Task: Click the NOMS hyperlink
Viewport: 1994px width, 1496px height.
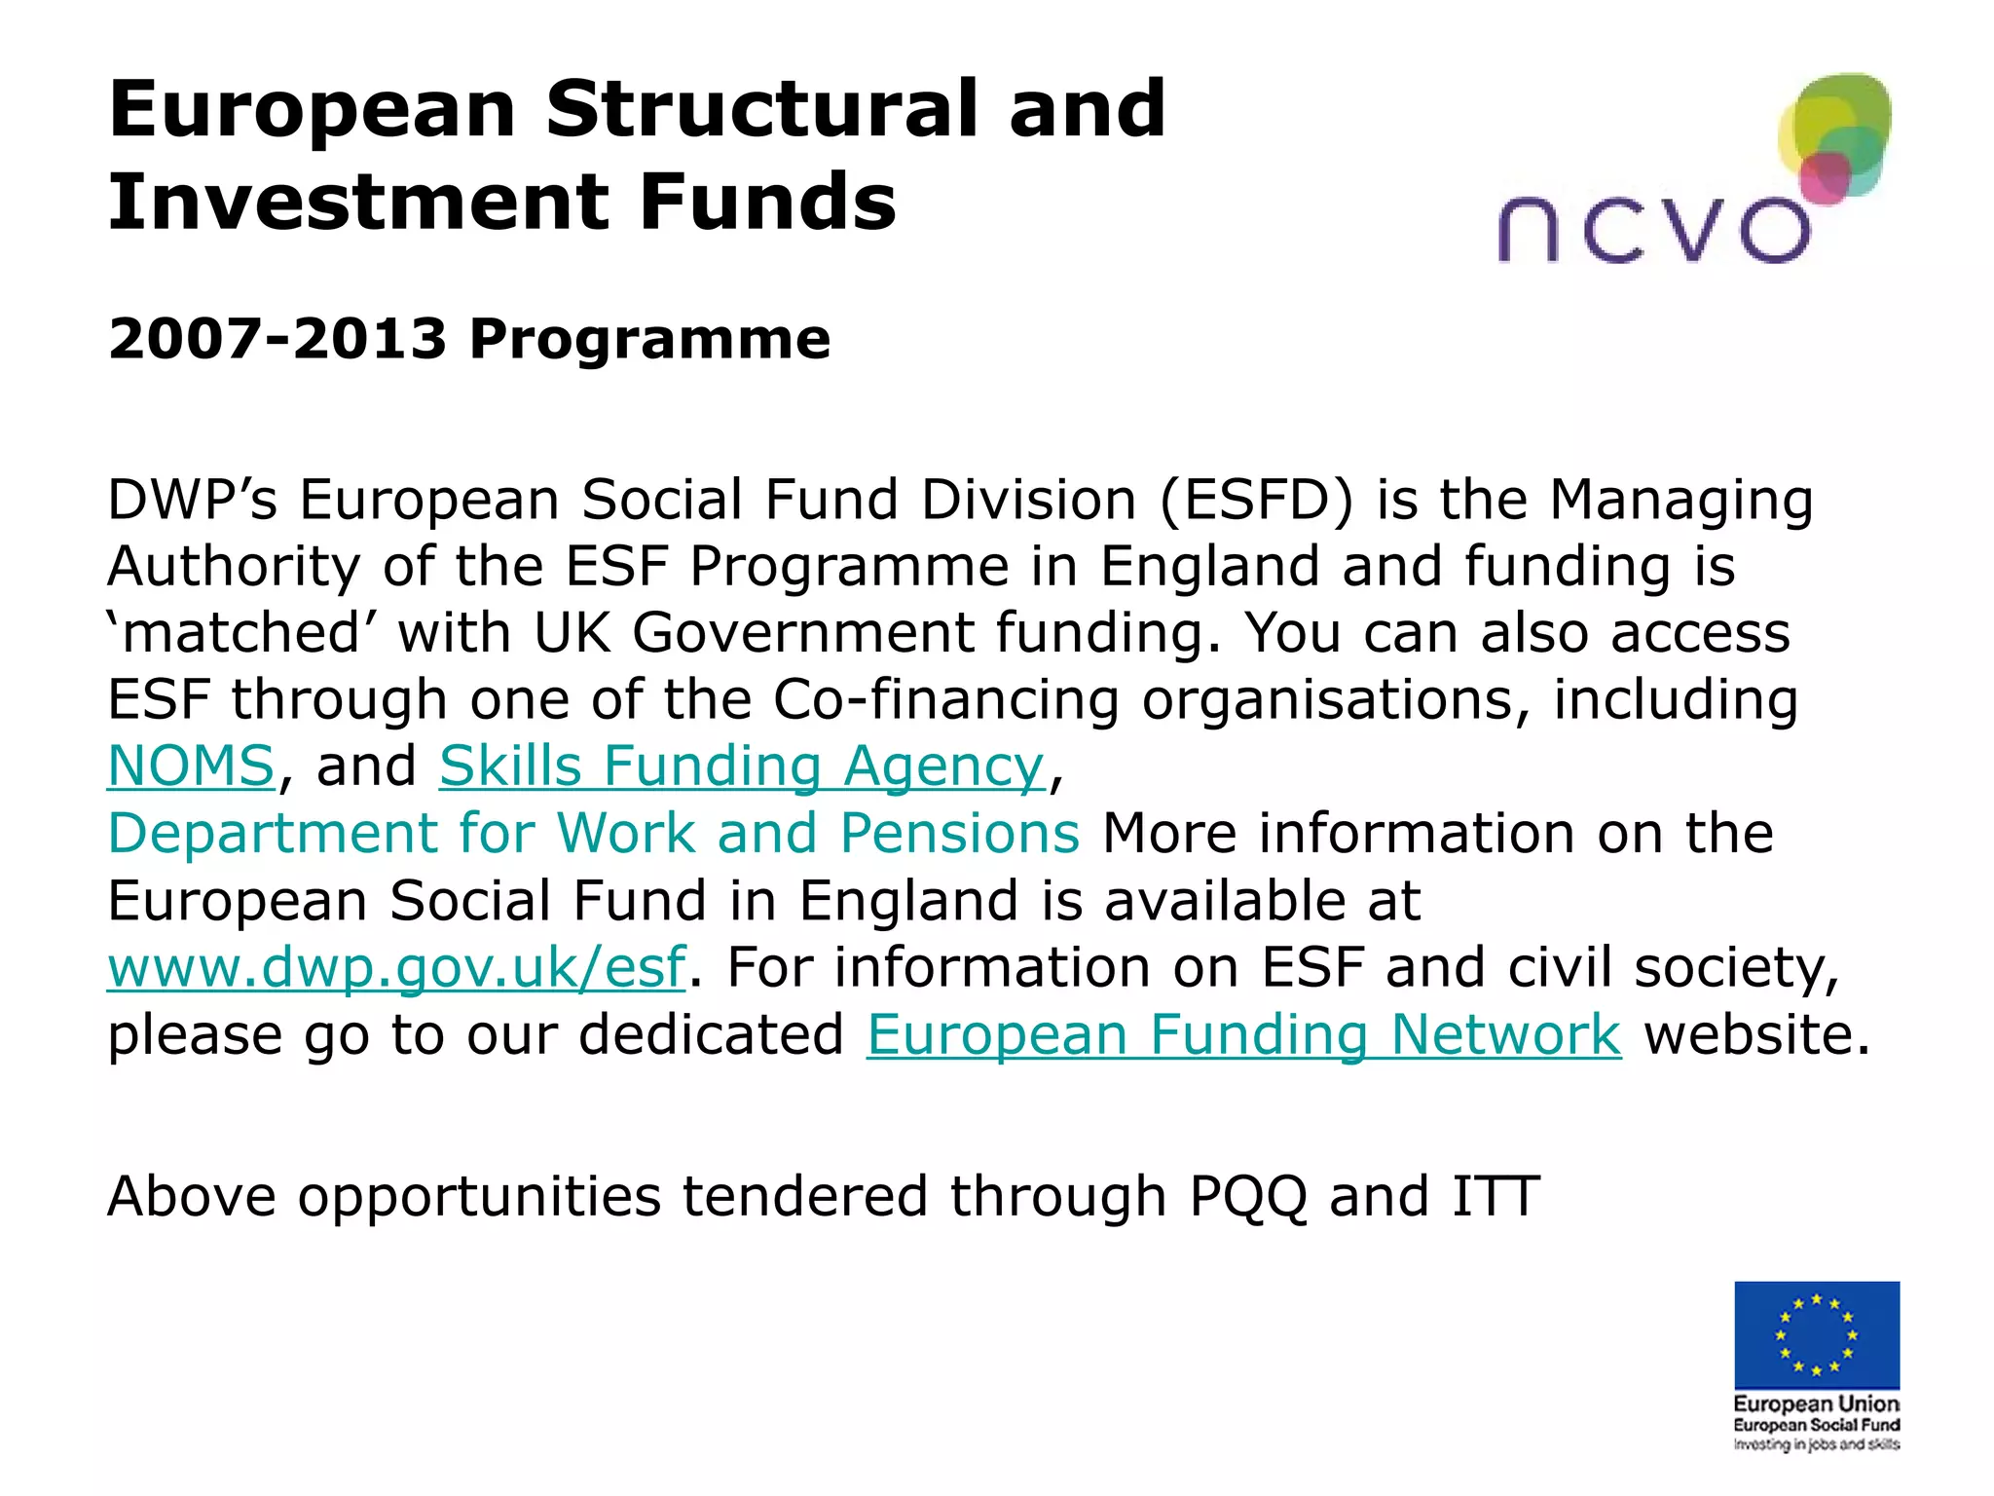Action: point(191,766)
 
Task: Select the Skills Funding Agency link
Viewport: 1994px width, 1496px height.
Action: point(742,766)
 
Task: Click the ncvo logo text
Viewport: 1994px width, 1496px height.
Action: point(1653,230)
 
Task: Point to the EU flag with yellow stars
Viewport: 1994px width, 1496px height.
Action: point(1816,1334)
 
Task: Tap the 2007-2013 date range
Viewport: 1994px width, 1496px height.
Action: point(277,339)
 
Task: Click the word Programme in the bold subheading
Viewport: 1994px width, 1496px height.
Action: point(649,339)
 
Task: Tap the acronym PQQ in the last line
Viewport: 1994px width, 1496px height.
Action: point(1247,1197)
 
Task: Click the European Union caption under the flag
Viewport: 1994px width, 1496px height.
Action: point(1816,1404)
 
